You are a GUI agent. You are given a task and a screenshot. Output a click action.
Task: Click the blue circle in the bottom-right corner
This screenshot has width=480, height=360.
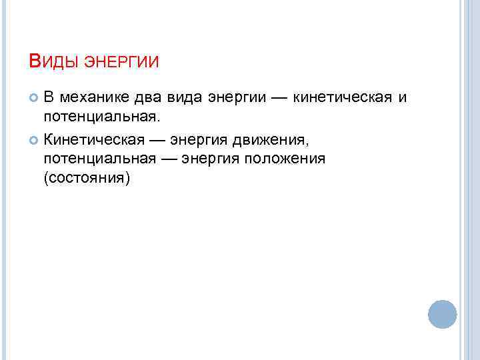click(x=442, y=314)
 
